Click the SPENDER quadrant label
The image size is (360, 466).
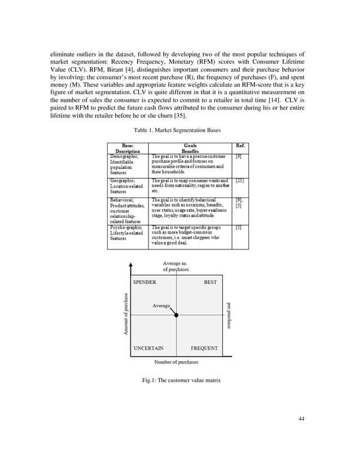coord(144,282)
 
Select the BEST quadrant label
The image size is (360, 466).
coord(210,282)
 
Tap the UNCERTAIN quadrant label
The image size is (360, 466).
coord(148,348)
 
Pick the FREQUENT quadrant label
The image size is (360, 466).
coord(204,348)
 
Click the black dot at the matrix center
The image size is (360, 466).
coord(177,315)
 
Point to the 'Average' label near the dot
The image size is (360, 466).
coord(161,305)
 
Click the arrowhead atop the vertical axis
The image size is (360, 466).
coord(131,265)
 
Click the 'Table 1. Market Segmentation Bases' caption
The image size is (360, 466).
coord(179,131)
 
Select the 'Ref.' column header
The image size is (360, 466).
coord(240,145)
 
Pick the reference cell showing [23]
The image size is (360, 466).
coord(239,181)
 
